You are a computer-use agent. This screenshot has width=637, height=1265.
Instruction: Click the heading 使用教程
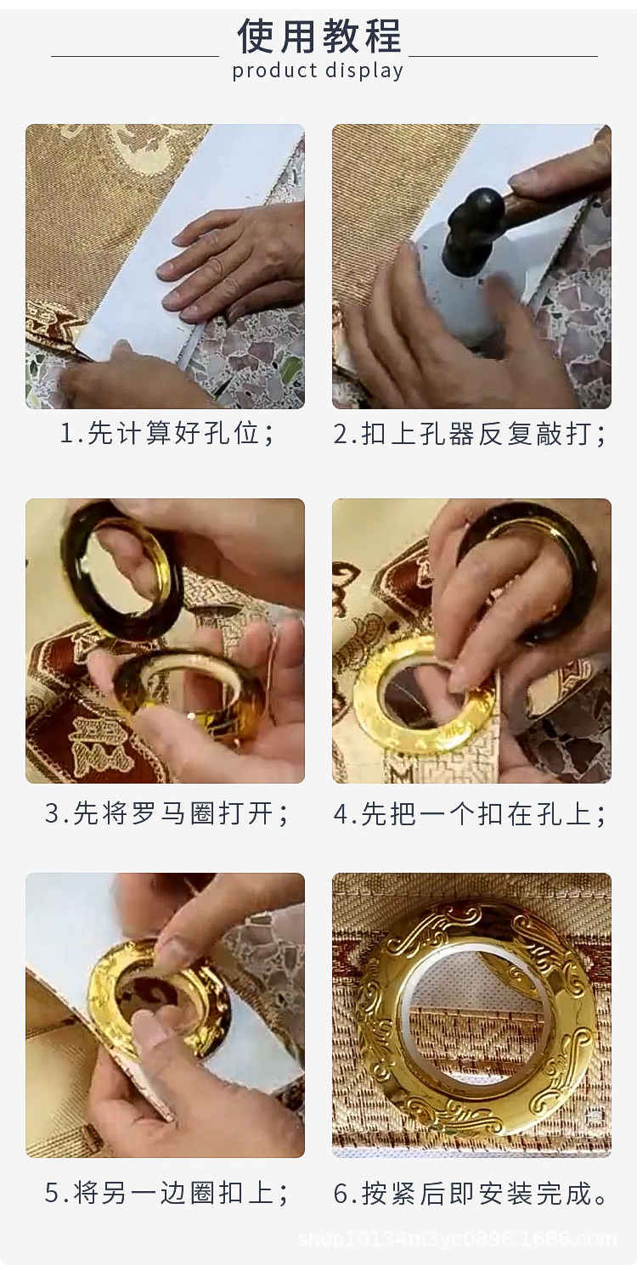click(x=318, y=36)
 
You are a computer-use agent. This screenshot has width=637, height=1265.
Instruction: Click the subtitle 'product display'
click(x=318, y=70)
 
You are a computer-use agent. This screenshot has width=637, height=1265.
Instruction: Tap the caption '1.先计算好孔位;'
click(x=167, y=434)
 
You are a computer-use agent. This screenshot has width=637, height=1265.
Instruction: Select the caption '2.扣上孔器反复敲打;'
click(x=471, y=434)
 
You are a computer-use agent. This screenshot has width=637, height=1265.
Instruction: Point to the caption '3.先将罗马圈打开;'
click(x=167, y=813)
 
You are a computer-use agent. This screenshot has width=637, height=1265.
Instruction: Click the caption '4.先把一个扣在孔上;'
click(x=471, y=813)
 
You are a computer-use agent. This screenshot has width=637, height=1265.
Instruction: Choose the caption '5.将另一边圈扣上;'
click(x=167, y=1193)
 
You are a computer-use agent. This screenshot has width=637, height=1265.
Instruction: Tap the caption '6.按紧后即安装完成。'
click(x=471, y=1193)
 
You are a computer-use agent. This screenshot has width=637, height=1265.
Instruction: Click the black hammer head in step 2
click(x=472, y=222)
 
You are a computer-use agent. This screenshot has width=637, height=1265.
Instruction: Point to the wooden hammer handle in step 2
click(x=552, y=194)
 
